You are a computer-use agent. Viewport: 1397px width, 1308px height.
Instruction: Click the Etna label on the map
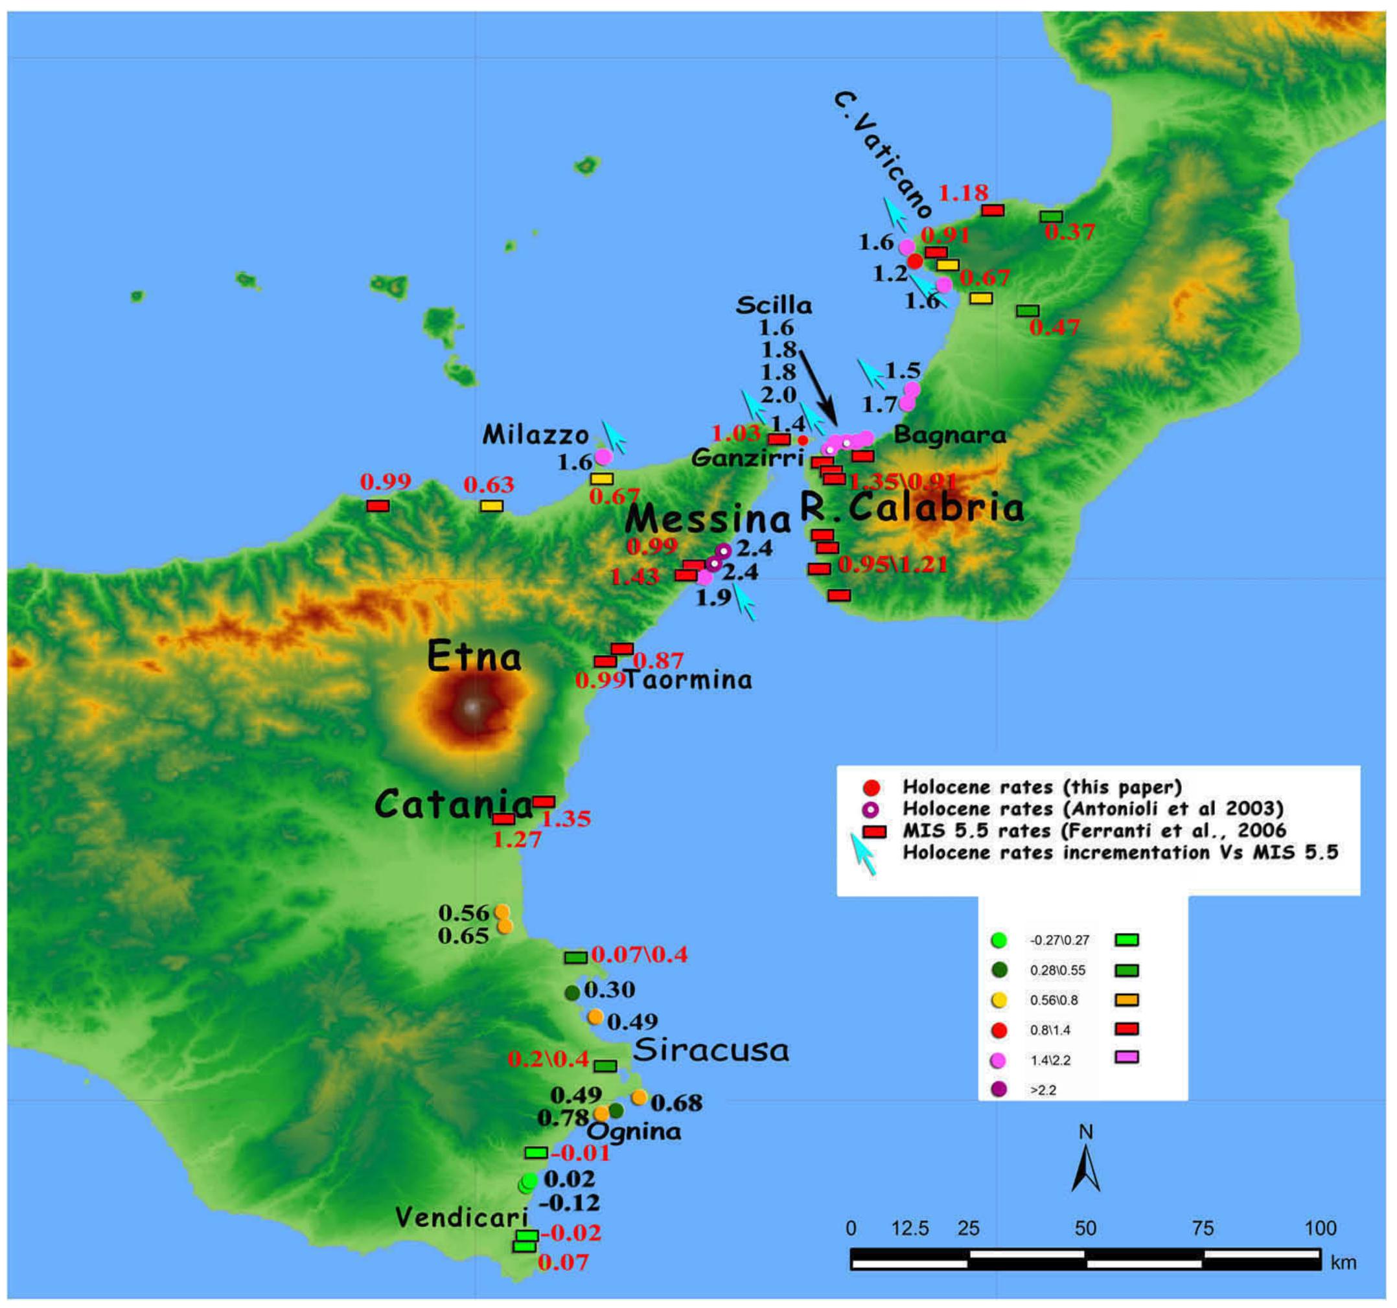click(x=474, y=658)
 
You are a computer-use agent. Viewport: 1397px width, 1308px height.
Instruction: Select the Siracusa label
click(x=710, y=1051)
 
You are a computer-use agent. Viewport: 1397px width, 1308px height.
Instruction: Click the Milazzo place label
click(x=535, y=435)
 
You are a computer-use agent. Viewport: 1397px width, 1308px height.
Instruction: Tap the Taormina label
click(x=687, y=680)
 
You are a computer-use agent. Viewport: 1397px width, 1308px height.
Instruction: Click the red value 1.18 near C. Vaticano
click(x=964, y=192)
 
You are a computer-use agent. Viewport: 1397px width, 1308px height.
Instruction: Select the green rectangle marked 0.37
click(x=1051, y=217)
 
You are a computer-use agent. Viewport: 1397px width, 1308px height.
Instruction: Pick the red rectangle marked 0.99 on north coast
click(x=378, y=506)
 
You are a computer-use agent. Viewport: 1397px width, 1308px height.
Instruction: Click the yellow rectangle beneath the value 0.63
click(x=491, y=506)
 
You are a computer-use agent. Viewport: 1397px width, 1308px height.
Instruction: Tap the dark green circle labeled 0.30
click(x=572, y=993)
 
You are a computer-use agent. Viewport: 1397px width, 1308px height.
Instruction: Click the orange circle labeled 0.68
click(x=639, y=1097)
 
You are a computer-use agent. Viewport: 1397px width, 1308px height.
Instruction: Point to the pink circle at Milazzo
click(x=604, y=457)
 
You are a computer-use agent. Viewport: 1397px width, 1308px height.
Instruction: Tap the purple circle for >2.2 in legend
click(x=999, y=1090)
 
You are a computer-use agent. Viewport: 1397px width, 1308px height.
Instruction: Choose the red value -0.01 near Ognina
click(x=581, y=1153)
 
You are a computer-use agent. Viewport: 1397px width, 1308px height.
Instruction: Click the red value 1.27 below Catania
click(x=517, y=839)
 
